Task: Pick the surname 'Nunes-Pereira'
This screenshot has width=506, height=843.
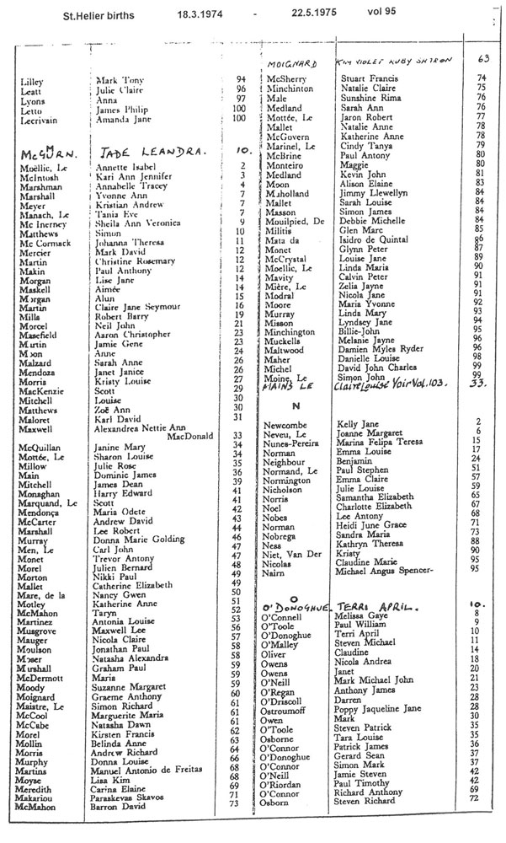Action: (292, 439)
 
